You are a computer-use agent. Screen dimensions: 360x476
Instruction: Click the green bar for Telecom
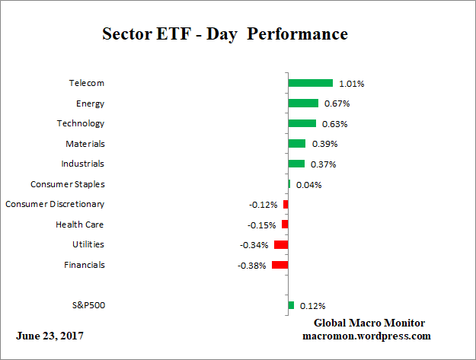coord(310,83)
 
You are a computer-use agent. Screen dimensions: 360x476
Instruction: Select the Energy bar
coord(303,104)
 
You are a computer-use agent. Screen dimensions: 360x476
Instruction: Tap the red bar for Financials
coord(280,265)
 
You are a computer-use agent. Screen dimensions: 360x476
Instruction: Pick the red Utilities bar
coord(280,245)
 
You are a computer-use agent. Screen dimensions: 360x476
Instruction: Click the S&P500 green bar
coord(291,305)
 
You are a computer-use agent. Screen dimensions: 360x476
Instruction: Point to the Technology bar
coord(302,123)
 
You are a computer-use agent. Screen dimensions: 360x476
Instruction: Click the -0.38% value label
coord(252,266)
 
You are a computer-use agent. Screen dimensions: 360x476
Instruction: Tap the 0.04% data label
coord(308,185)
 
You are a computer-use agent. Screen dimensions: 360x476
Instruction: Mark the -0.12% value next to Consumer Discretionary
coord(263,205)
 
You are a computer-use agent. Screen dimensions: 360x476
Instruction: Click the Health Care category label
coord(79,225)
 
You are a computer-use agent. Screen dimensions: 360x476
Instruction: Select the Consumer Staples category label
coord(67,184)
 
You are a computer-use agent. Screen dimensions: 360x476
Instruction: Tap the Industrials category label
coord(82,164)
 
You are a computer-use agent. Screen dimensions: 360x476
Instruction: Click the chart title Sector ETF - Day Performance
coord(225,34)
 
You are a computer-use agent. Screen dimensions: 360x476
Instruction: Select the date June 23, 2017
coord(50,336)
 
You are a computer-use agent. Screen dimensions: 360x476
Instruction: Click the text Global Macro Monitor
coord(369,323)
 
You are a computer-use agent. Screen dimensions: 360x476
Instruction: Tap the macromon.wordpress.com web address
coord(367,336)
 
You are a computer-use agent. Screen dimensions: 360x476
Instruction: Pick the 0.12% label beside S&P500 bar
coord(311,306)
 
